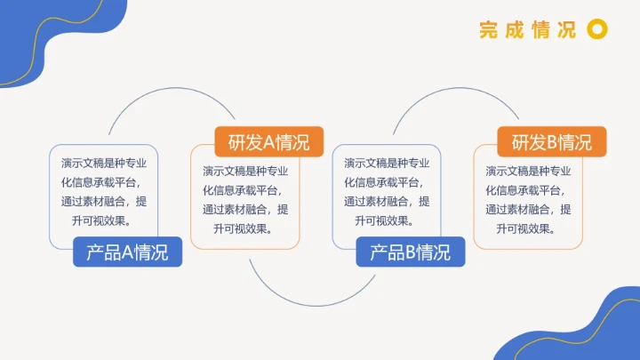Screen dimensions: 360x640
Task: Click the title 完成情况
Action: [x=527, y=30]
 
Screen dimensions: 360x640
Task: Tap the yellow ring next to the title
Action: [x=598, y=30]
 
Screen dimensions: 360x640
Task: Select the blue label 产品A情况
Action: [x=127, y=252]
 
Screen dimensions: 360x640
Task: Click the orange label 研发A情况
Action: [x=268, y=142]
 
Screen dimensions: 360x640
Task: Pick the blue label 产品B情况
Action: [x=410, y=252]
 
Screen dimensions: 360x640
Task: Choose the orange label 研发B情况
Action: [x=551, y=142]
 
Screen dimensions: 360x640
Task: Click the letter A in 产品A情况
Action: [x=127, y=252]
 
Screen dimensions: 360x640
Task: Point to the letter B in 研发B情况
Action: [x=551, y=142]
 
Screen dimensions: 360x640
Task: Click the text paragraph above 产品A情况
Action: [x=104, y=192]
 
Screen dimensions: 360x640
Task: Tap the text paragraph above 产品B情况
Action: [x=387, y=192]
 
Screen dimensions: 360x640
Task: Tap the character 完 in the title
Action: [x=488, y=30]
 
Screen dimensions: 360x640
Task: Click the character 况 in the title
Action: [x=566, y=30]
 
